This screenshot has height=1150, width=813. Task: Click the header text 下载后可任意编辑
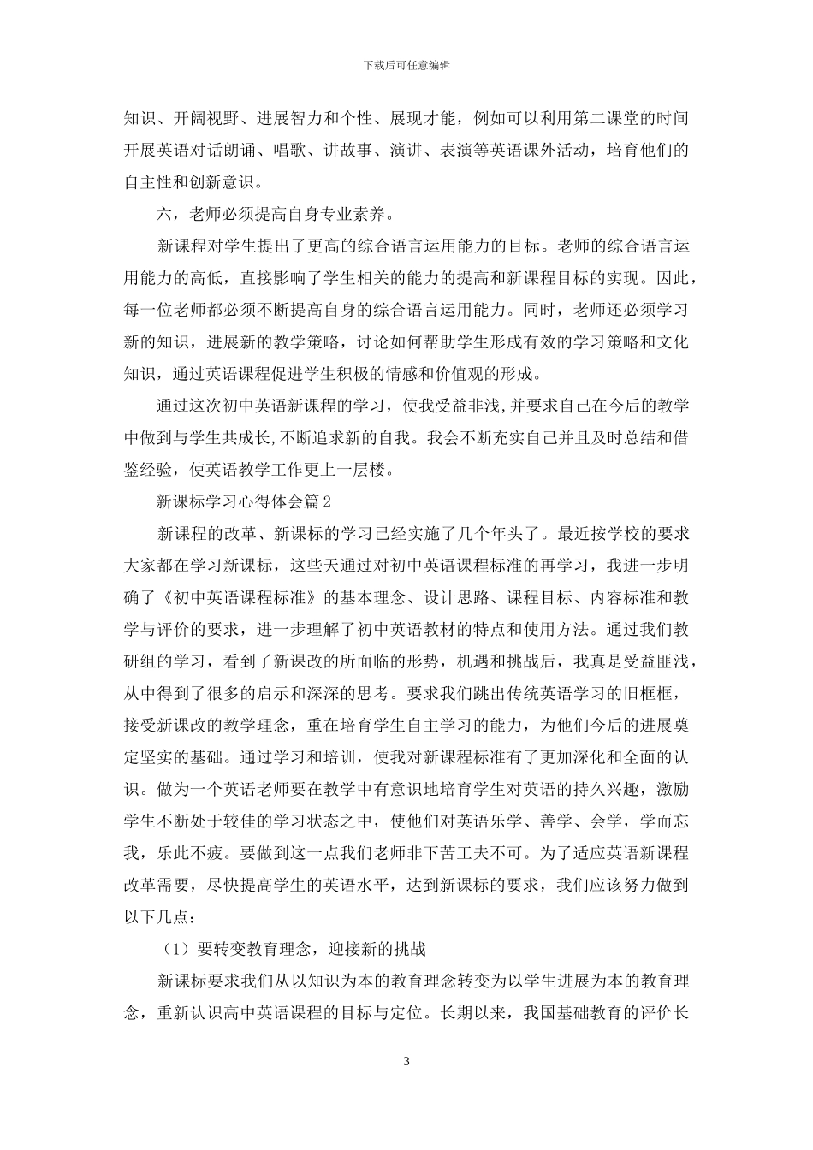pos(406,65)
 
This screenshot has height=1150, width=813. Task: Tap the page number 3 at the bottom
pos(406,1062)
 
